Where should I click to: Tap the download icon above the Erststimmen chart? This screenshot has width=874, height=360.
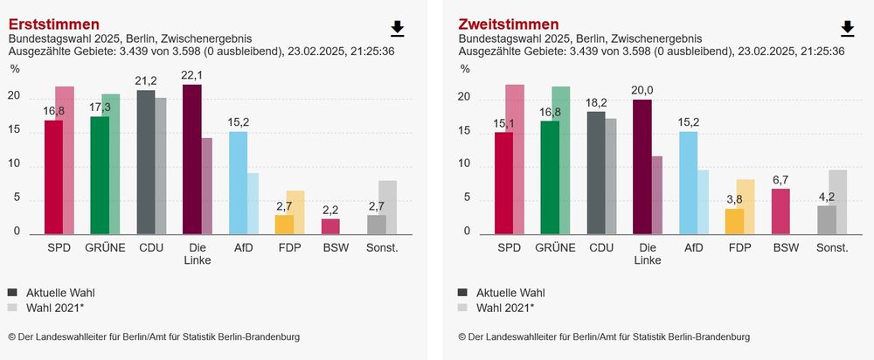tap(398, 29)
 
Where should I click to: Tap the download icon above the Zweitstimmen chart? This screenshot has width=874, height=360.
tap(847, 29)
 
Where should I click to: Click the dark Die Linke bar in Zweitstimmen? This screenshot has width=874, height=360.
tap(642, 166)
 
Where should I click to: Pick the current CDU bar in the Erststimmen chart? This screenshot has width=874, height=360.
tap(146, 162)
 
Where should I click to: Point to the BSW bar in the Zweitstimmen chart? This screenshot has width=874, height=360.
tap(781, 211)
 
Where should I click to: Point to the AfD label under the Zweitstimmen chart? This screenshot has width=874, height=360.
tap(693, 248)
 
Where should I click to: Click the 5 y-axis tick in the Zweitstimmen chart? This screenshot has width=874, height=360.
tap(467, 198)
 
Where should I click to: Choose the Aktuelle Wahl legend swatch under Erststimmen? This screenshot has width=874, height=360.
tap(13, 292)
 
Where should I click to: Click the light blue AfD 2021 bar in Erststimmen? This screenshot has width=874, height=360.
tap(253, 204)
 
